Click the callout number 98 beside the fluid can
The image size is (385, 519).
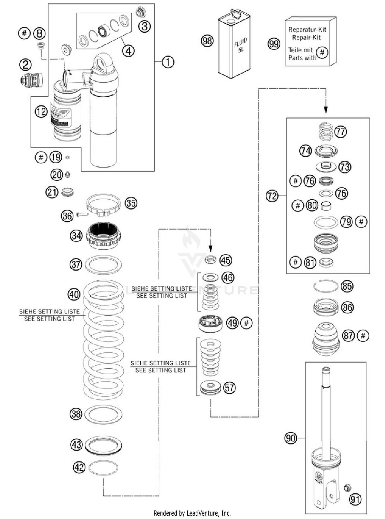pyautogui.click(x=207, y=41)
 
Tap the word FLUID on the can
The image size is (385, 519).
pyautogui.click(x=240, y=42)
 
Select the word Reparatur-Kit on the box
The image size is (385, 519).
pyautogui.click(x=307, y=30)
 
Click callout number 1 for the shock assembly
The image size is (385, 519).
pyautogui.click(x=168, y=62)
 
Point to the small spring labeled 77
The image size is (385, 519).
pyautogui.click(x=326, y=132)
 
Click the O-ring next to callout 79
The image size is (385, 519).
pyautogui.click(x=326, y=222)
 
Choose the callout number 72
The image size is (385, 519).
pyautogui.click(x=272, y=196)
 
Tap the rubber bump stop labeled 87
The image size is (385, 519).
pyautogui.click(x=326, y=339)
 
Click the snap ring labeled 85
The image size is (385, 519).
pyautogui.click(x=326, y=286)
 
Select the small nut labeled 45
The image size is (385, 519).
pyautogui.click(x=210, y=260)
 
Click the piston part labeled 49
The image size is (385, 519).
pyautogui.click(x=210, y=323)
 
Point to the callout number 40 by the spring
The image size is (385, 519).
pyautogui.click(x=74, y=294)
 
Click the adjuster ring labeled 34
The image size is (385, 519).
pyautogui.click(x=103, y=235)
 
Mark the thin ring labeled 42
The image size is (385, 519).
pyautogui.click(x=103, y=467)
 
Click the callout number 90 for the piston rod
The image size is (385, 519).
pyautogui.click(x=291, y=438)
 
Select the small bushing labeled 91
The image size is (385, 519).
pyautogui.click(x=347, y=487)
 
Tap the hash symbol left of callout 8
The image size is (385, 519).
pyautogui.click(x=24, y=33)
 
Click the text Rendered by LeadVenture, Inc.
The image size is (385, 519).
pyautogui.click(x=192, y=513)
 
